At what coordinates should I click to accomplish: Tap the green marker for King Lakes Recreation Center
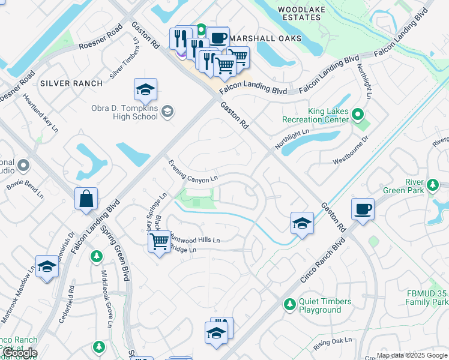358,113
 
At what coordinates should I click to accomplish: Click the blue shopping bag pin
86,199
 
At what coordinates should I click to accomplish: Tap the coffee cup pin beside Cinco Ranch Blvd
363,209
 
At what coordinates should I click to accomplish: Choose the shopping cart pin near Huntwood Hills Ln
159,242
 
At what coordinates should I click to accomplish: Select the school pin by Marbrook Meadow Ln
46,267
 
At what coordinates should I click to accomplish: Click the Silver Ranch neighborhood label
71,83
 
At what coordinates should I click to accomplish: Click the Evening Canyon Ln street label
192,172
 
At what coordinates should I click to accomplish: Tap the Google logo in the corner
20,353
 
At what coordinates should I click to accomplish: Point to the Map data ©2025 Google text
412,355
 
